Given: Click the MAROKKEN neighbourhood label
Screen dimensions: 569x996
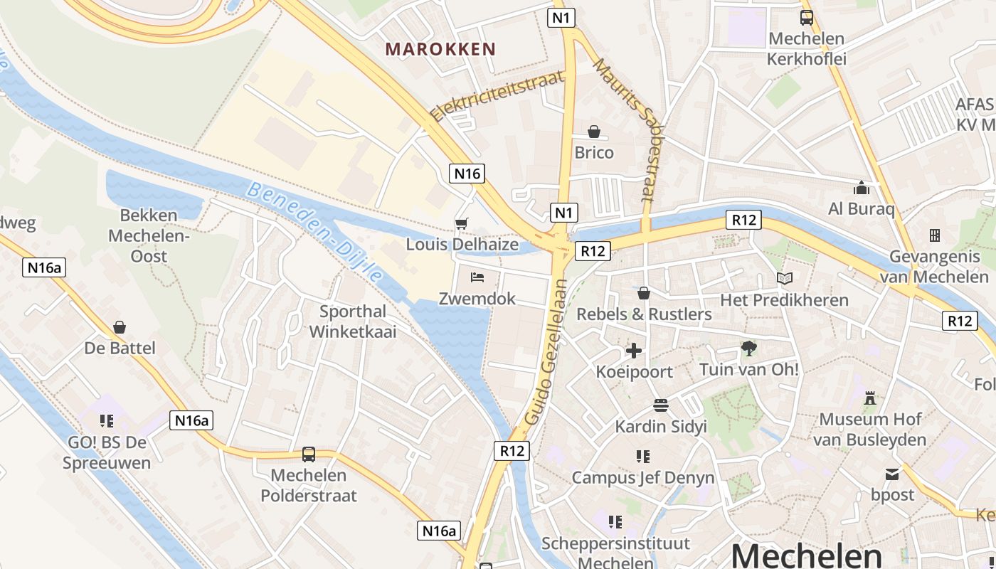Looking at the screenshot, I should [x=440, y=49].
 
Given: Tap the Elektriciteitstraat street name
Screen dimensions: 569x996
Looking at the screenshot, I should [x=497, y=96].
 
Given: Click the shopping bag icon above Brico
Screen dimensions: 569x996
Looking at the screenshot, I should [x=594, y=132].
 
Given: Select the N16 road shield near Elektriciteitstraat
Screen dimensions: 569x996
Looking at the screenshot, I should [x=467, y=173].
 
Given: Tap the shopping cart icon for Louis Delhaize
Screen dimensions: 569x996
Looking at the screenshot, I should [x=462, y=224].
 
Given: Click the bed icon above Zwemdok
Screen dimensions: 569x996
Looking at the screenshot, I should [x=477, y=277].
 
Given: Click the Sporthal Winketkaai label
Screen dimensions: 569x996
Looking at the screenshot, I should [x=353, y=321].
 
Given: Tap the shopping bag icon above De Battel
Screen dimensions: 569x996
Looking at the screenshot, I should [x=120, y=327].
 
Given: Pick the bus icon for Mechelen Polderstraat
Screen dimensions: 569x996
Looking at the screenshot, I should [x=309, y=454].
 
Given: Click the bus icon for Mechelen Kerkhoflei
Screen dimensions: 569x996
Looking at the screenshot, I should [x=807, y=18].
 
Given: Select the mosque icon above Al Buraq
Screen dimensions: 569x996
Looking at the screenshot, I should [x=862, y=188].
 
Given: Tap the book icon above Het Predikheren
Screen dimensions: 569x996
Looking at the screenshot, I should [x=785, y=279].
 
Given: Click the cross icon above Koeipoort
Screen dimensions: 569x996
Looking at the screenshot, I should [x=634, y=351].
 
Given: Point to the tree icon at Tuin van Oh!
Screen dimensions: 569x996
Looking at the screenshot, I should [x=748, y=349].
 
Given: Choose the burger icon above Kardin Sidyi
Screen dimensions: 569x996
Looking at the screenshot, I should [x=661, y=405].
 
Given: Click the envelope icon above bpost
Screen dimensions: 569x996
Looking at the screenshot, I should [x=892, y=474].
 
